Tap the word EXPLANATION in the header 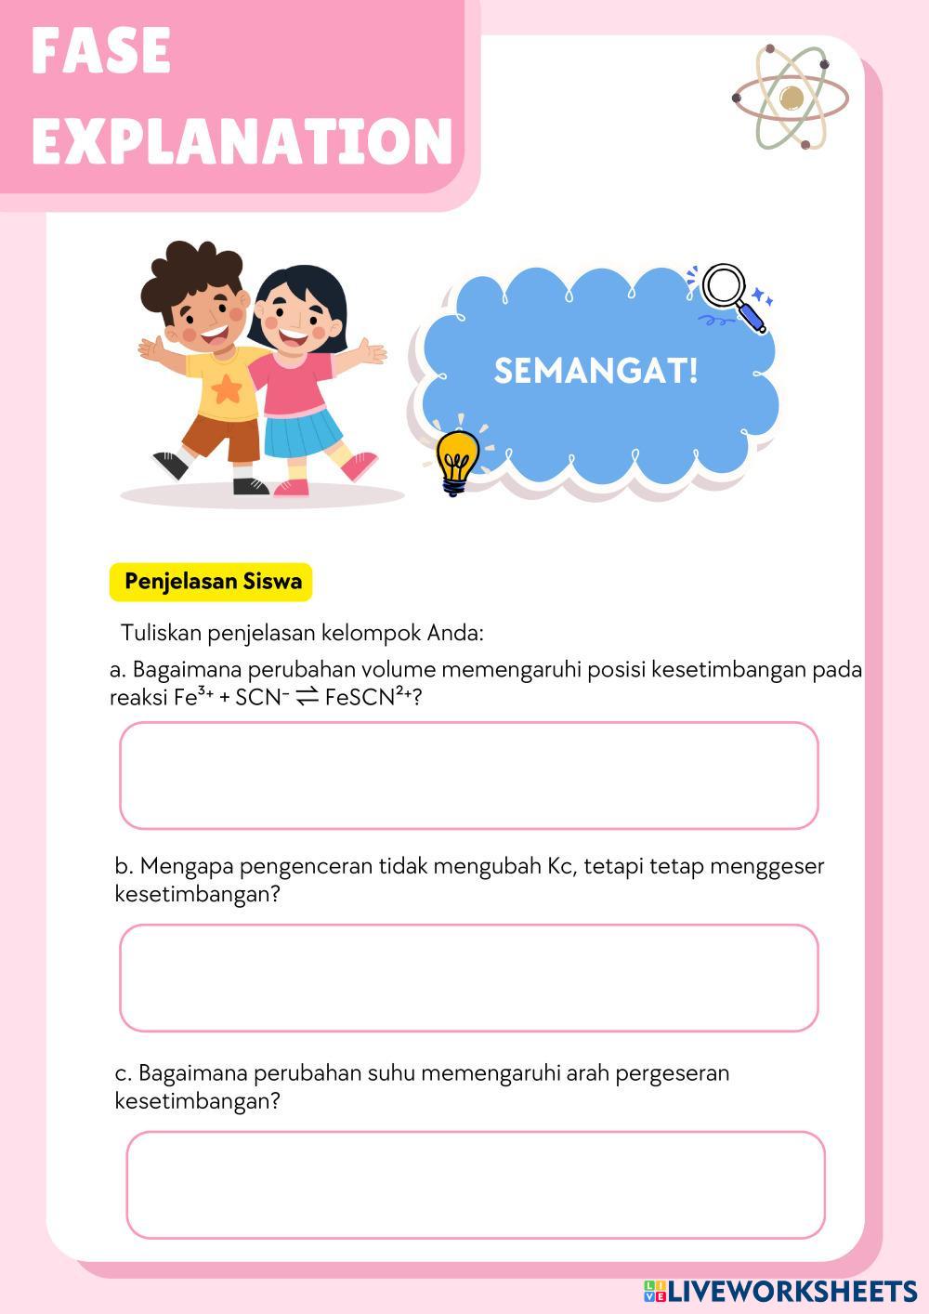[x=242, y=140]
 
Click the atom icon [x=791, y=97]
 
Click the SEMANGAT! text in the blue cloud [x=595, y=371]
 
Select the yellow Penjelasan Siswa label [x=212, y=582]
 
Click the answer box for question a [x=468, y=775]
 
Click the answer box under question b [x=468, y=978]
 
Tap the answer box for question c [x=476, y=1184]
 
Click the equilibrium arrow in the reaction [x=307, y=698]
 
